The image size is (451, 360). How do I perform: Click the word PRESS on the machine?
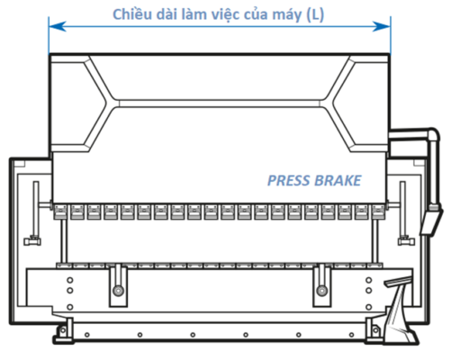tap(289, 180)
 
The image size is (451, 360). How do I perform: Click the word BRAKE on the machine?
tap(337, 180)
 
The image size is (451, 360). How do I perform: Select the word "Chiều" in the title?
tap(131, 14)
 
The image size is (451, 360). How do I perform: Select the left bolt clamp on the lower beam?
tap(118, 290)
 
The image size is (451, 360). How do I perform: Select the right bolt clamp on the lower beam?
tap(321, 290)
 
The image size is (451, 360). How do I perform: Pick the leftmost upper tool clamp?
tap(60, 212)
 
